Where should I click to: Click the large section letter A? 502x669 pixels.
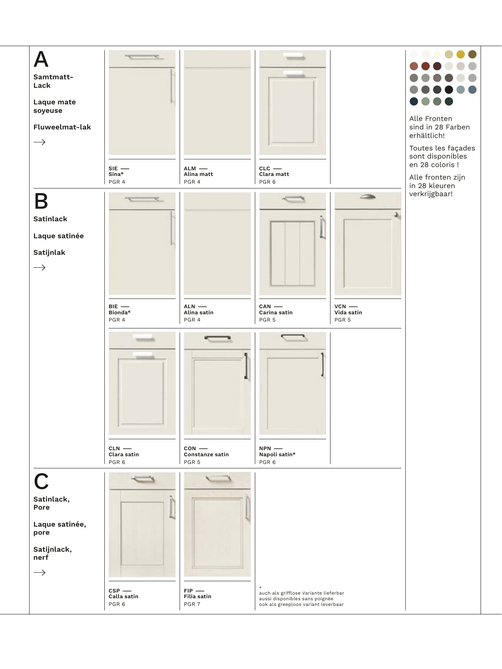pyautogui.click(x=41, y=59)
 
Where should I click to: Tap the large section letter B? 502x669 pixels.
pyautogui.click(x=41, y=201)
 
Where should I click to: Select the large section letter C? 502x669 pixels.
pyautogui.click(x=41, y=481)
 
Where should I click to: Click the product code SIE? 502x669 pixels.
pyautogui.click(x=113, y=169)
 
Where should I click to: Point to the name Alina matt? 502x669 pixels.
pyautogui.click(x=198, y=174)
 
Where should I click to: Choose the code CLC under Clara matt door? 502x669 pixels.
pyautogui.click(x=265, y=169)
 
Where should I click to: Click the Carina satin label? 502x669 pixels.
pyautogui.click(x=276, y=313)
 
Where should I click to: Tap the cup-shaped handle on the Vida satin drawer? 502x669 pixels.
pyautogui.click(x=367, y=197)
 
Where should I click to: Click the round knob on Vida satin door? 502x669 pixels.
pyautogui.click(x=396, y=215)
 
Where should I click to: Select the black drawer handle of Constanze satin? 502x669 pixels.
pyautogui.click(x=217, y=338)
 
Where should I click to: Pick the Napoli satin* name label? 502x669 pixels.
pyautogui.click(x=277, y=455)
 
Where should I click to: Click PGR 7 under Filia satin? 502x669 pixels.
pyautogui.click(x=192, y=604)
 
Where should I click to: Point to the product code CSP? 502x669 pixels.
pyautogui.click(x=114, y=591)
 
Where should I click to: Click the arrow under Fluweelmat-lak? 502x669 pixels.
pyautogui.click(x=39, y=142)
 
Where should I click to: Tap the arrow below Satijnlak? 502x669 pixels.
pyautogui.click(x=39, y=267)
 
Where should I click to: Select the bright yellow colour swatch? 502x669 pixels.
pyautogui.click(x=460, y=55)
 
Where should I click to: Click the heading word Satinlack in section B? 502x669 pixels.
pyautogui.click(x=50, y=219)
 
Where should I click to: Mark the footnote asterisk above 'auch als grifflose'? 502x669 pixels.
pyautogui.click(x=261, y=588)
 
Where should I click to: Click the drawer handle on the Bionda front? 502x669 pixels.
pyautogui.click(x=142, y=199)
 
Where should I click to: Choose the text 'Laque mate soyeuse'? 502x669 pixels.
pyautogui.click(x=55, y=106)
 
